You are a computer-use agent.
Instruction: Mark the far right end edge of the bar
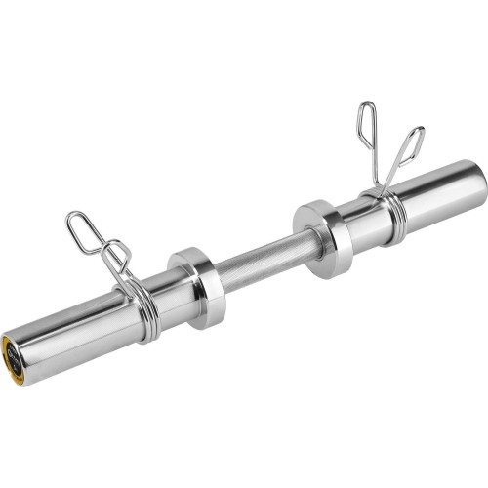pos(482,181)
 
